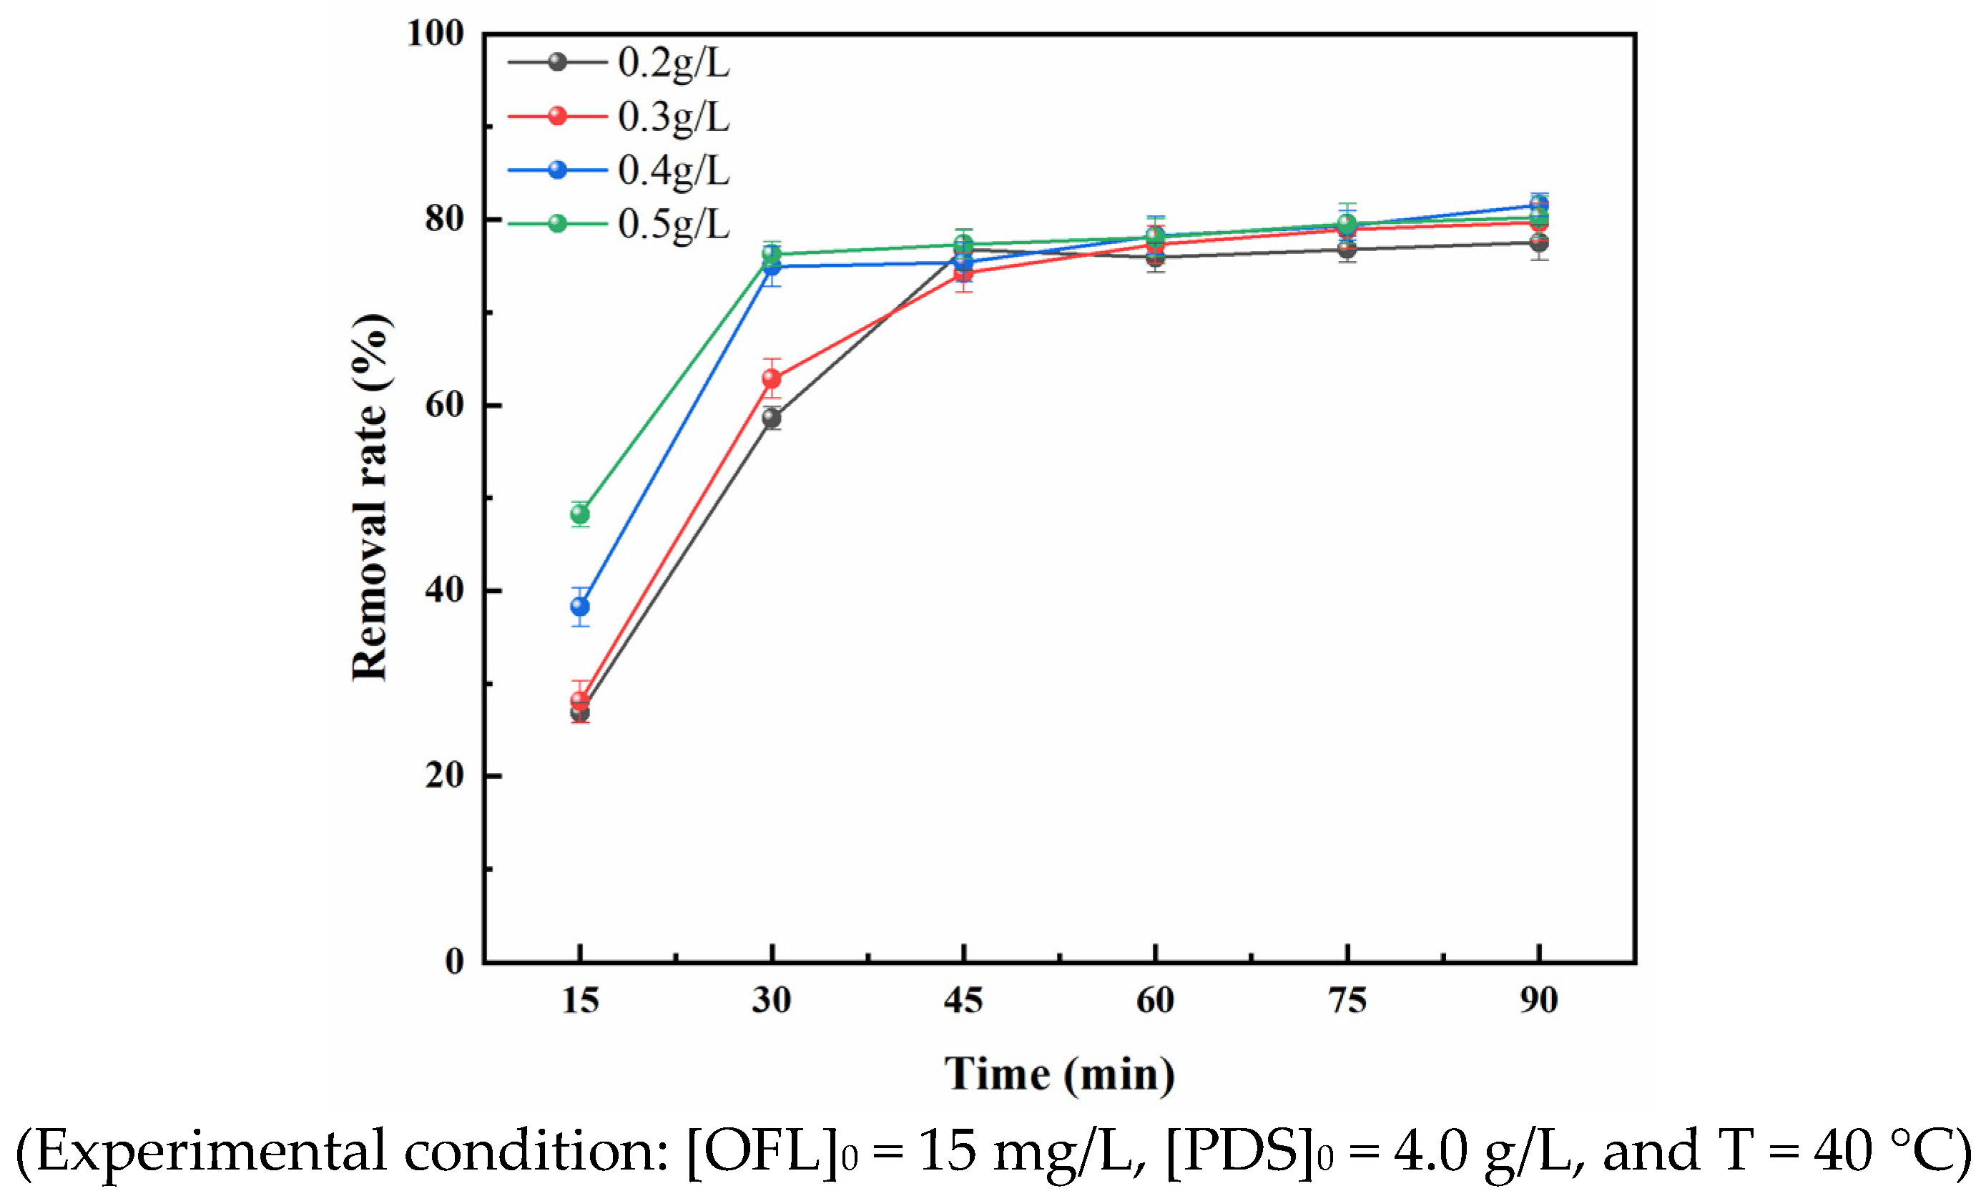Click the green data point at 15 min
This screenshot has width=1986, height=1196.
[x=579, y=514]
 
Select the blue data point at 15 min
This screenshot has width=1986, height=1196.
[x=579, y=606]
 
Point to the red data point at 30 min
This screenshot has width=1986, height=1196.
[x=771, y=378]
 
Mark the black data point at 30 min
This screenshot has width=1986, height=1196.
[x=771, y=418]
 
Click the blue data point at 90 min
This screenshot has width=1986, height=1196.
[x=1539, y=205]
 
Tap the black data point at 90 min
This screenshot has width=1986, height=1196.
[x=1539, y=242]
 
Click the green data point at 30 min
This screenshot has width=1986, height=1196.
[x=771, y=254]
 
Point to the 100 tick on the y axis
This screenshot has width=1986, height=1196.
[x=436, y=34]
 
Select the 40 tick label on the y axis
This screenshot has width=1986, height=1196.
[x=446, y=590]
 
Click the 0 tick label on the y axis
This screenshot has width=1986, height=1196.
[x=456, y=961]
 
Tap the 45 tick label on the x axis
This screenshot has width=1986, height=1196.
[x=963, y=1000]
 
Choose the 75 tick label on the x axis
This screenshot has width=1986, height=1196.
[x=1347, y=1000]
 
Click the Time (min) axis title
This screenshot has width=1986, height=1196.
[x=1059, y=1074]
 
